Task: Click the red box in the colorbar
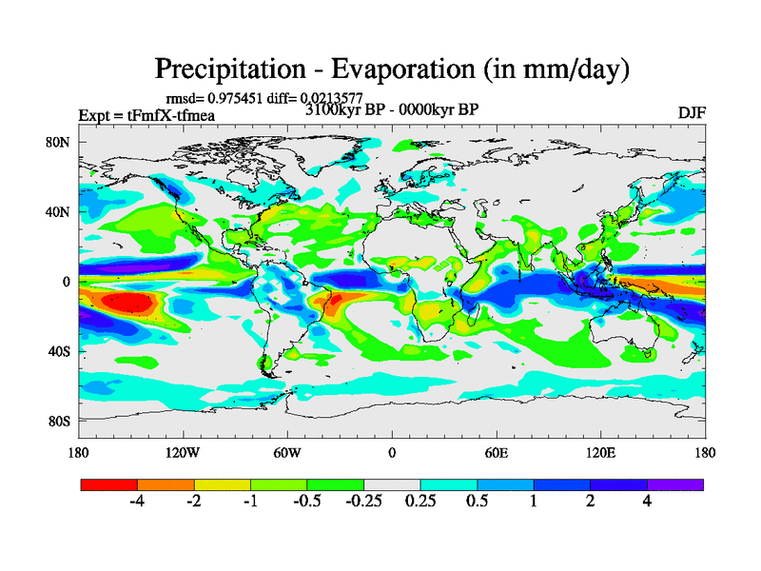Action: tap(109, 484)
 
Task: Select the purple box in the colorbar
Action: tap(675, 484)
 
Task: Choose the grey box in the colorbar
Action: tap(392, 484)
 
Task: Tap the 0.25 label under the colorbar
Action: tap(420, 502)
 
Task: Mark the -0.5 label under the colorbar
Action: tap(306, 502)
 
